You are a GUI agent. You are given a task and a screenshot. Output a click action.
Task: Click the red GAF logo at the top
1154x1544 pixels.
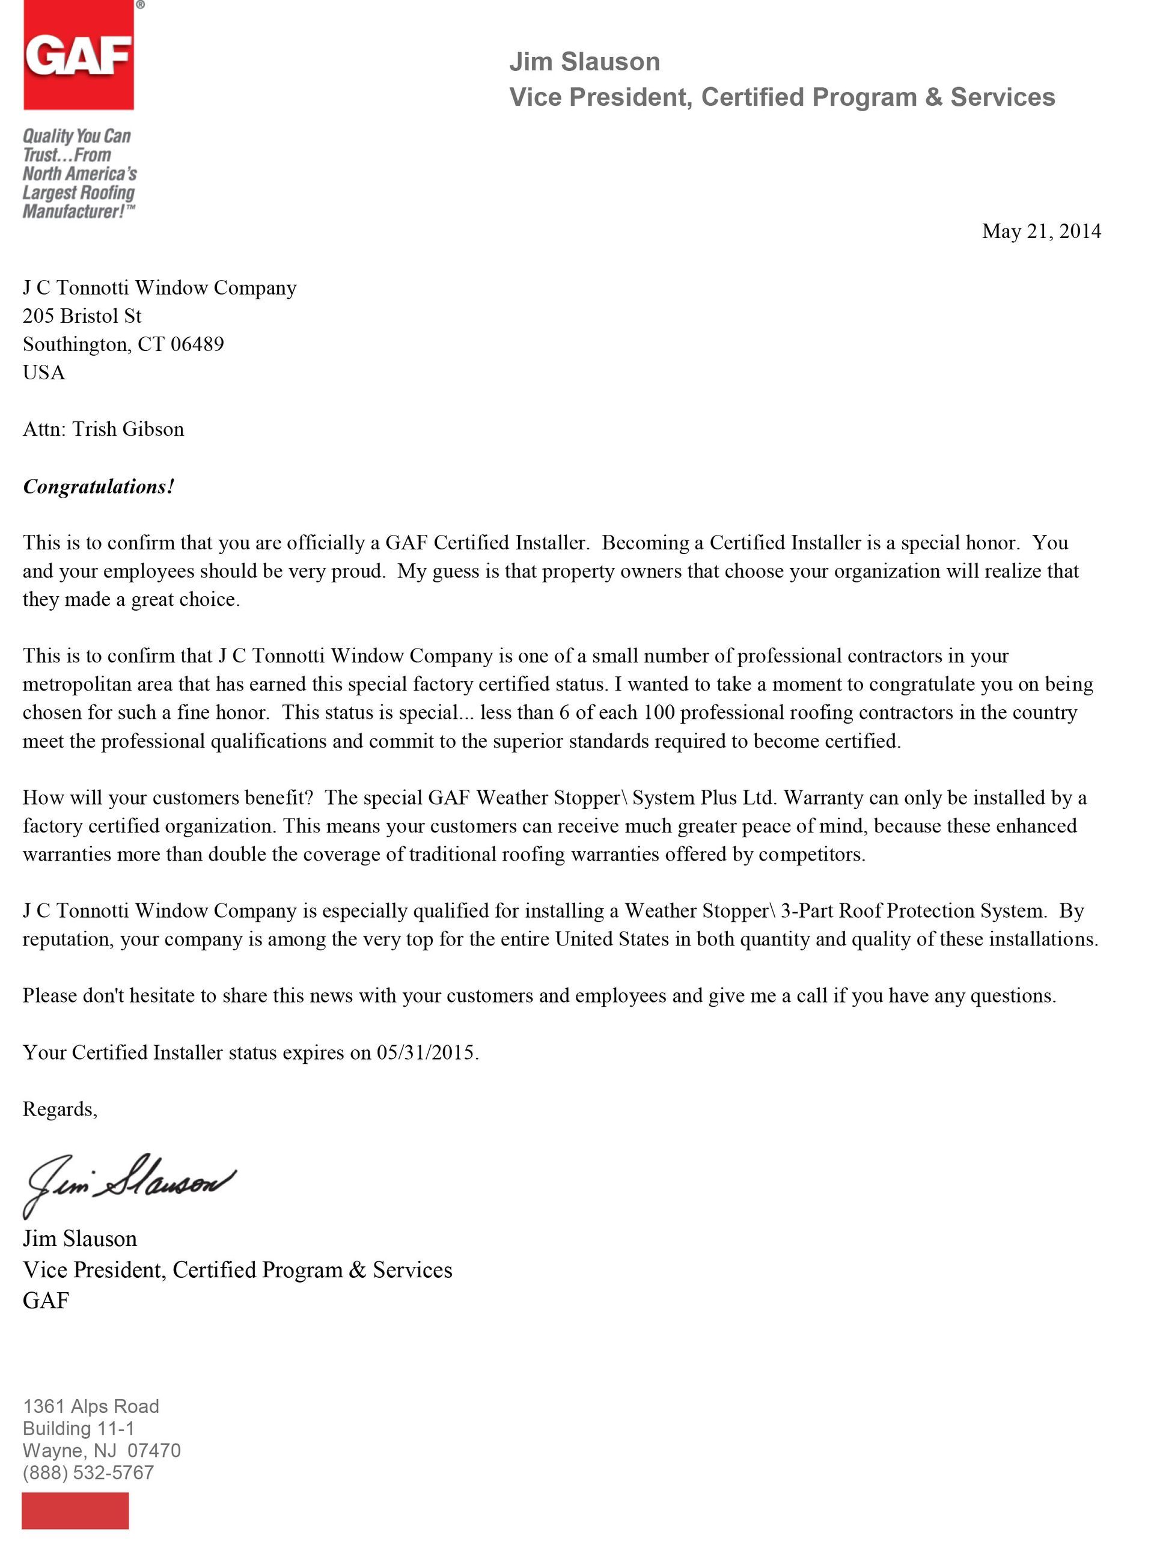(78, 56)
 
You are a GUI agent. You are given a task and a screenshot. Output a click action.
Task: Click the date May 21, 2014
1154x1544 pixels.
(1040, 231)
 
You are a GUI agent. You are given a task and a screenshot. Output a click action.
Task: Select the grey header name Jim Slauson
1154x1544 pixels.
(584, 62)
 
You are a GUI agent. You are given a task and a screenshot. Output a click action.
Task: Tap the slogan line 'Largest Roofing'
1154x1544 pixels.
(78, 193)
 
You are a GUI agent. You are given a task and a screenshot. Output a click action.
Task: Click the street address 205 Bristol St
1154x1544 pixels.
(82, 316)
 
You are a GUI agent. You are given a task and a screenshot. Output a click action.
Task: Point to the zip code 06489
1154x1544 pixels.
(197, 344)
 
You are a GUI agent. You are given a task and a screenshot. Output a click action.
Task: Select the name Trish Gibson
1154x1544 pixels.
(128, 429)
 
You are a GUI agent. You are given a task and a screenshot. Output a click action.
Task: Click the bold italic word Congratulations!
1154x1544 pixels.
(99, 486)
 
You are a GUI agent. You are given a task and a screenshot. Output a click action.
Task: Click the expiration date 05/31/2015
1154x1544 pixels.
(426, 1052)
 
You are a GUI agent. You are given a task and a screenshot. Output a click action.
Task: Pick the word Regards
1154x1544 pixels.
(59, 1109)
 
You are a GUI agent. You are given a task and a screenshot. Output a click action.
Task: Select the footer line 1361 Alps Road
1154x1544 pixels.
(91, 1406)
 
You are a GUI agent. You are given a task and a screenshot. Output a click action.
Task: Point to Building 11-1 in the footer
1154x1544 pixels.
(78, 1428)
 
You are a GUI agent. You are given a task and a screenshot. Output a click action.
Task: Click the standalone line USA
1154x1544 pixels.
(43, 373)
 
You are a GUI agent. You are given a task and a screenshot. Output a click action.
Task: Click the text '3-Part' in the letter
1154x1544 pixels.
(807, 911)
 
